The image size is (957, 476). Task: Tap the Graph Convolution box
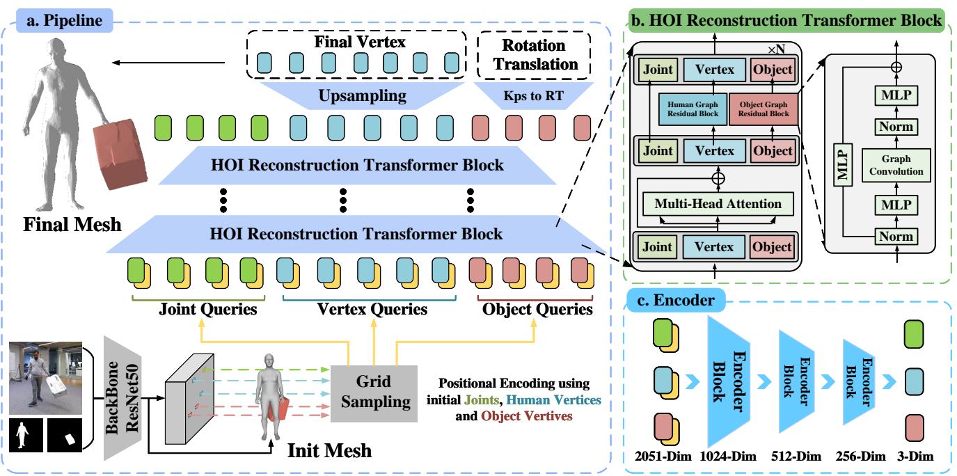click(896, 164)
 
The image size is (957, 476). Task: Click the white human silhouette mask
click(26, 435)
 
